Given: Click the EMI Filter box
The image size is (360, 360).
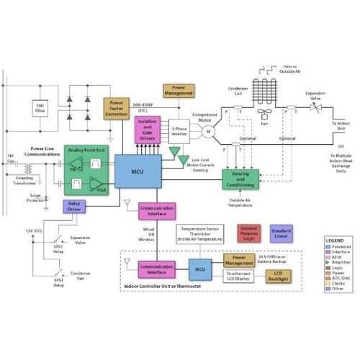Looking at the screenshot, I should pos(40,107).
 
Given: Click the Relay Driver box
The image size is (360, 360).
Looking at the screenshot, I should pos(73,207).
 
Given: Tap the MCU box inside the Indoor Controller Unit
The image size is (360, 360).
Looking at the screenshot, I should pos(199,269).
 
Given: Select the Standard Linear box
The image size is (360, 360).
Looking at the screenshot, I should pos(282,232).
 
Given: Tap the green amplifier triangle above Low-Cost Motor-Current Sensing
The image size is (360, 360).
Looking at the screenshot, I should pos(174,152).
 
